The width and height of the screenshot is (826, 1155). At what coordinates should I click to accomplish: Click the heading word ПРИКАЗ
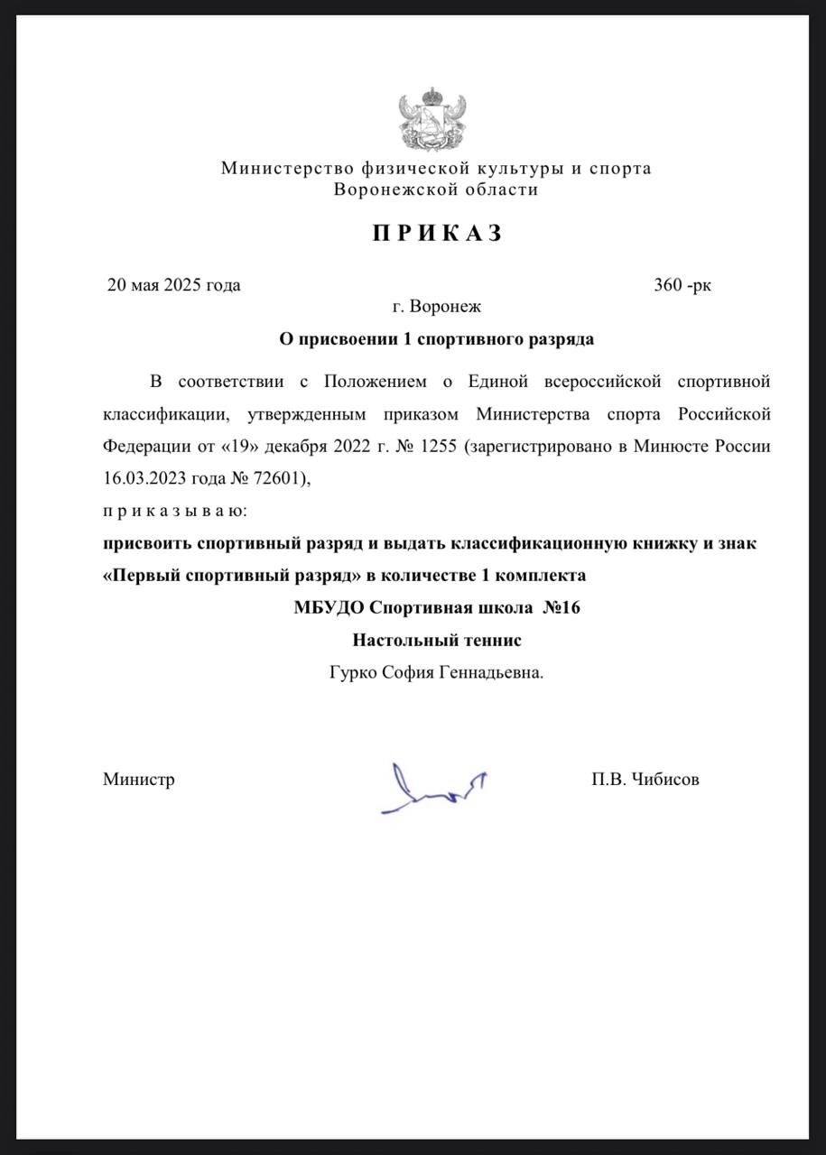[437, 234]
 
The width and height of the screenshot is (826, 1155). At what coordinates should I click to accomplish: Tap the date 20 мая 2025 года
[173, 286]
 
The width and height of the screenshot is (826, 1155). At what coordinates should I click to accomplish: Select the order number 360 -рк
[682, 286]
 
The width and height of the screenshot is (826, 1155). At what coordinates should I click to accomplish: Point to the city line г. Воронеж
[437, 307]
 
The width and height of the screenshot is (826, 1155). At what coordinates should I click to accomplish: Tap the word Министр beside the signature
[138, 780]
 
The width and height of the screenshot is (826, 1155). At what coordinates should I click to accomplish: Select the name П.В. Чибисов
[645, 780]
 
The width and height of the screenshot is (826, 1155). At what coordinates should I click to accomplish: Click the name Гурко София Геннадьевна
[437, 673]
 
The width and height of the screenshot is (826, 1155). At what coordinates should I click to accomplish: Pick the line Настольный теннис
[437, 641]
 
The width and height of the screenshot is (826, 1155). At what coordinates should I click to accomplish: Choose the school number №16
[561, 608]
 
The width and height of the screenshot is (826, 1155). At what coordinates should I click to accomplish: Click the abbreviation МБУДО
[329, 608]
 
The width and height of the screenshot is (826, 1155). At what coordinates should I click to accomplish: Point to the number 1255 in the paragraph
[432, 447]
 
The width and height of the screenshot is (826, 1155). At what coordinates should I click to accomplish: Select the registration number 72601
[277, 479]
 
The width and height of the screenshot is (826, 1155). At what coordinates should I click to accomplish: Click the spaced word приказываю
[173, 512]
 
